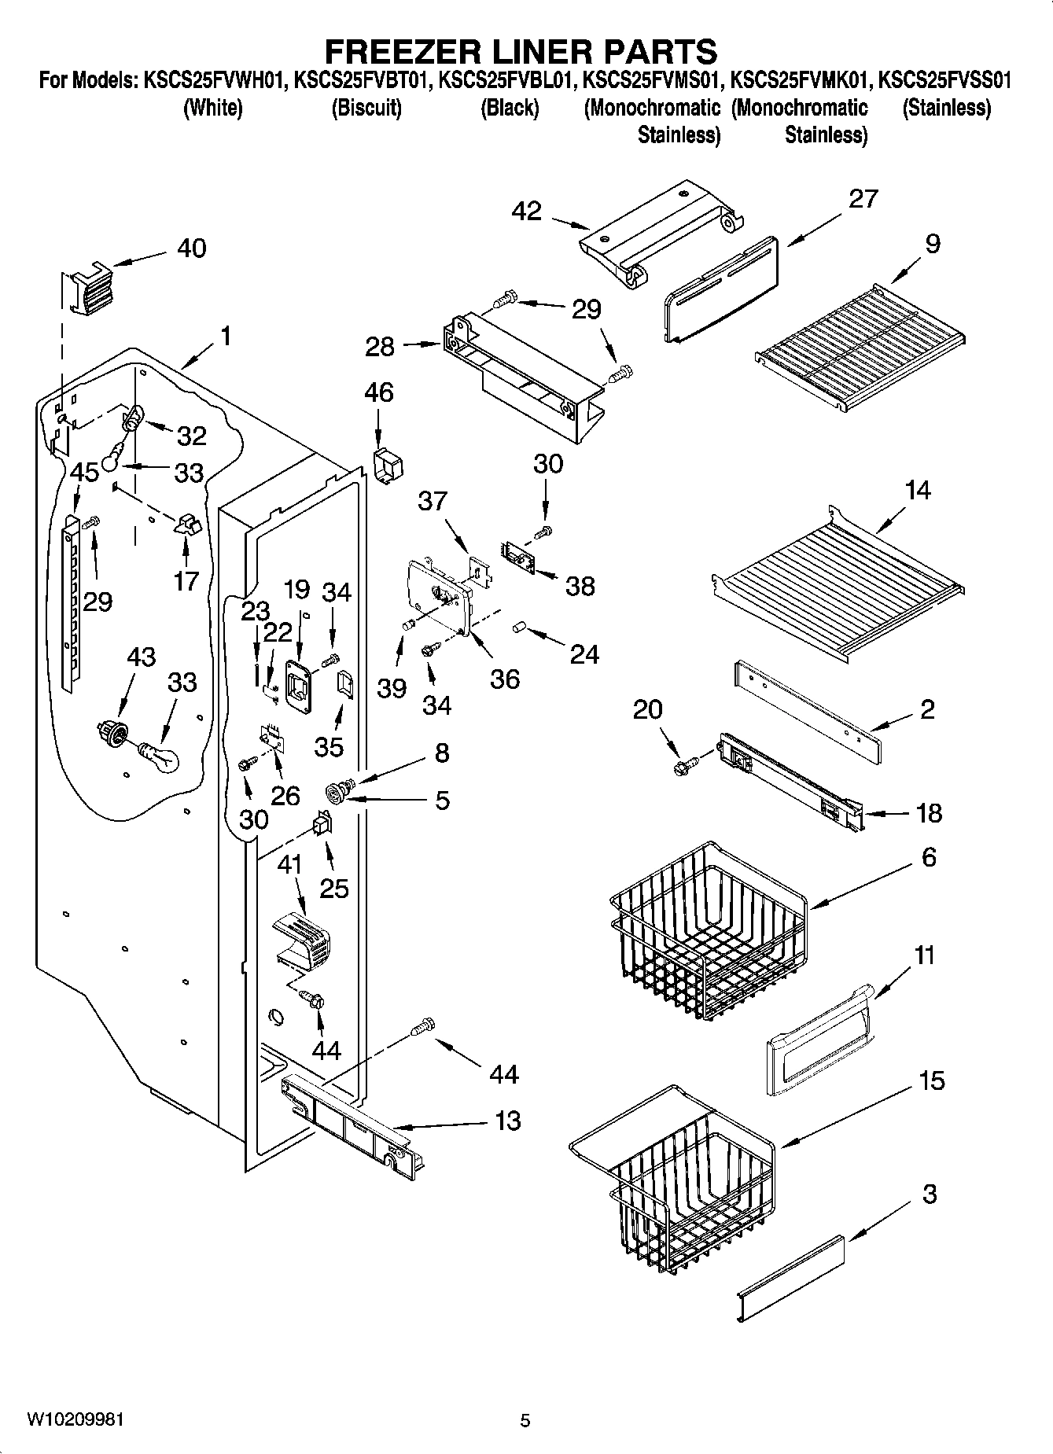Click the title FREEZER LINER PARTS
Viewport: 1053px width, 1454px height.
(x=521, y=51)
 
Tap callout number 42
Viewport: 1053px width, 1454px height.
(x=526, y=211)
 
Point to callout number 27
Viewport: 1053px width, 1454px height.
(x=863, y=198)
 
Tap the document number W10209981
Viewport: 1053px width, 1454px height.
(x=75, y=1419)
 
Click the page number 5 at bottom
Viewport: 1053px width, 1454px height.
(x=525, y=1420)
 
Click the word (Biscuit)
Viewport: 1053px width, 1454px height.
(x=366, y=108)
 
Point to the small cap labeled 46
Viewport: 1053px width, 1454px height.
(x=387, y=466)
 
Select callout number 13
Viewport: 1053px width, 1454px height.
(x=508, y=1120)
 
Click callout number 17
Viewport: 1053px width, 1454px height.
(x=186, y=580)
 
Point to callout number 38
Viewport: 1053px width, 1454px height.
(x=580, y=586)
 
